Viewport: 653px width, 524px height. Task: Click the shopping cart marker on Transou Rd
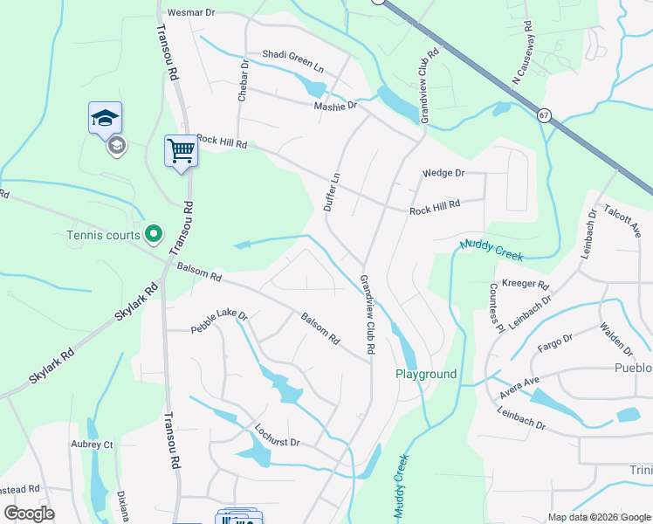(181, 151)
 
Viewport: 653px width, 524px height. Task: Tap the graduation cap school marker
(105, 119)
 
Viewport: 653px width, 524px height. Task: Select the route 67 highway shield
(544, 115)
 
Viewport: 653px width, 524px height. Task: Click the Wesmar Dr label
(189, 13)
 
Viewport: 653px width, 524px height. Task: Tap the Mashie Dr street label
(335, 106)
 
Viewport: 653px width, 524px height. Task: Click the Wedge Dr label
(443, 173)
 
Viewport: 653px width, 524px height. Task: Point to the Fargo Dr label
(554, 342)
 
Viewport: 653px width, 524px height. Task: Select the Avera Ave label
(519, 389)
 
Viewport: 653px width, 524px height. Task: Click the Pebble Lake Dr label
(220, 321)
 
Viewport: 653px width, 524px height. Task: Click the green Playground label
(426, 374)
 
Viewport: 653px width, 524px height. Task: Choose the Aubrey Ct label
(96, 445)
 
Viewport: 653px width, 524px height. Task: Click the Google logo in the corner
(30, 514)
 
